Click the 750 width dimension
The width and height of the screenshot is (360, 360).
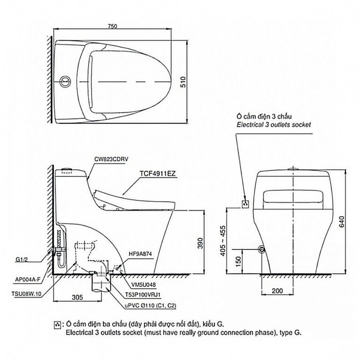[x=112, y=26]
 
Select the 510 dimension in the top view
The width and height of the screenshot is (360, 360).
[x=183, y=82]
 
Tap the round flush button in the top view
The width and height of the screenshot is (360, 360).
[x=66, y=82]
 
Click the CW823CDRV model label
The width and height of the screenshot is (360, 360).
[x=111, y=159]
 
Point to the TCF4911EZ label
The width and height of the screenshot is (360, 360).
[x=157, y=173]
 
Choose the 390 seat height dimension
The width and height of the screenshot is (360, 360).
[x=200, y=243]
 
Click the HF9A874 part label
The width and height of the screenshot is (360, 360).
[x=140, y=254]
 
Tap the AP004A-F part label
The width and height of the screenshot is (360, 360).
[x=28, y=279]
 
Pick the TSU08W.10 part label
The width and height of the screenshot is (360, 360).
[x=26, y=294]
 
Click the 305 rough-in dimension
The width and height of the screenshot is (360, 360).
[x=77, y=297]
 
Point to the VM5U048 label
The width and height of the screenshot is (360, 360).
[x=143, y=285]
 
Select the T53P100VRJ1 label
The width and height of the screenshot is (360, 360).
[x=143, y=294]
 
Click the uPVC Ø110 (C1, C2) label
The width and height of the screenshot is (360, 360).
[x=150, y=306]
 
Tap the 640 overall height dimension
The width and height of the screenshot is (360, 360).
[x=342, y=222]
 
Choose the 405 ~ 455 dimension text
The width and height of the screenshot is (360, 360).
[x=223, y=241]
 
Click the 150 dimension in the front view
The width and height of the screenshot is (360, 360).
[x=238, y=261]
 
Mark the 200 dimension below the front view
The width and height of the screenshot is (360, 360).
[x=277, y=291]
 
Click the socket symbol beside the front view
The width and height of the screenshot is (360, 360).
[x=246, y=204]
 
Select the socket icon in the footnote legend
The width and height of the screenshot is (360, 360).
[x=57, y=325]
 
